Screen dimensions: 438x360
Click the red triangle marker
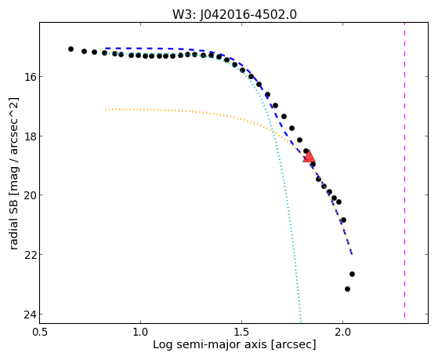click(x=309, y=156)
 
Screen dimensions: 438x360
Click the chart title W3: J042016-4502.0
click(x=234, y=15)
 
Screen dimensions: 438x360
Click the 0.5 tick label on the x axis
click(x=40, y=333)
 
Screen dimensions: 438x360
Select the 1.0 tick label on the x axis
click(x=140, y=333)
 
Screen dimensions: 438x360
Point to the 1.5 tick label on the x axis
click(x=241, y=333)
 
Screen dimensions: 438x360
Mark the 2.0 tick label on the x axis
click(x=342, y=333)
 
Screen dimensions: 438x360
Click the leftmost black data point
click(x=71, y=49)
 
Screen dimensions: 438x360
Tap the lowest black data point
click(x=347, y=289)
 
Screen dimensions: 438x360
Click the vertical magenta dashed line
click(x=404, y=170)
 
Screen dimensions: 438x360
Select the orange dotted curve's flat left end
click(x=106, y=109)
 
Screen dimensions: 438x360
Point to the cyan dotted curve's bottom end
click(x=301, y=321)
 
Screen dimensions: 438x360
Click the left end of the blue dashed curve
click(x=106, y=49)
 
